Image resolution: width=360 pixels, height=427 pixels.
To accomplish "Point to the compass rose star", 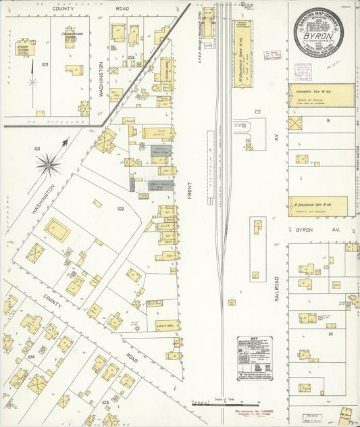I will tap(47, 163).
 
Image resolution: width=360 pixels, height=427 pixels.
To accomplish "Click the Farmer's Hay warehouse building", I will tap(321, 95).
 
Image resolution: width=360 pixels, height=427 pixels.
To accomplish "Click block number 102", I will tap(120, 209).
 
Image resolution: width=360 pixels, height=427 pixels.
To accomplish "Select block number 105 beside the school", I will tap(45, 65).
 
